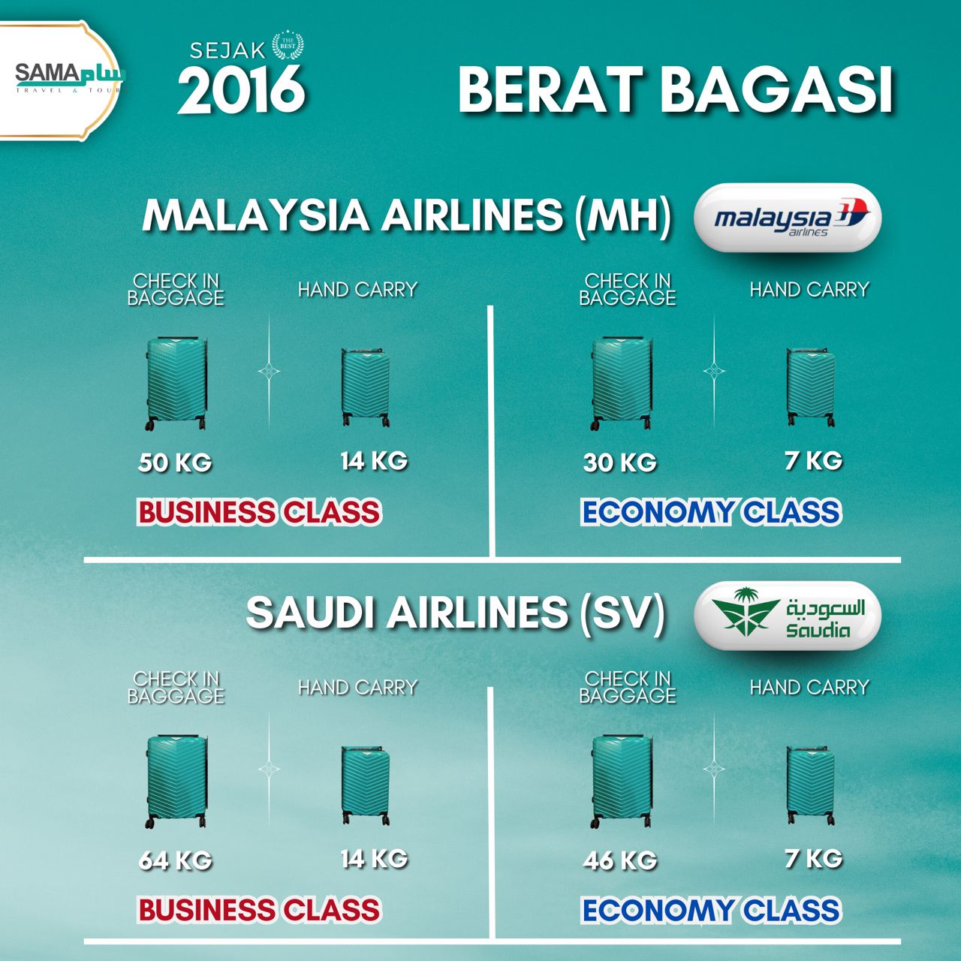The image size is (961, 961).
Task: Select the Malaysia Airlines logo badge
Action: point(788,218)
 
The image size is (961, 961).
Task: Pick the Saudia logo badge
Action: point(788,616)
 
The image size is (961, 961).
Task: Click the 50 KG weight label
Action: point(174,462)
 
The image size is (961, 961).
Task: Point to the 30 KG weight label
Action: point(620,462)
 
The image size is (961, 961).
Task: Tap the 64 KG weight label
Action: point(175,860)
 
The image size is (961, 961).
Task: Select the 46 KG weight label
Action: point(620,860)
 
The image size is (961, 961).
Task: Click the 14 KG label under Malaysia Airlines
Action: point(374,460)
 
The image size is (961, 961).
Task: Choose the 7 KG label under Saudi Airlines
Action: point(813,858)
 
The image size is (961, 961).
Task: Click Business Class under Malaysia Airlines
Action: point(259,512)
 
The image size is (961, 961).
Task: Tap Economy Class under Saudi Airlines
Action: point(711,910)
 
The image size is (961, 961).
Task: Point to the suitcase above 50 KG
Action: point(176,383)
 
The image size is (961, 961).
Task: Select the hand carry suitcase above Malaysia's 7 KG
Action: point(810,387)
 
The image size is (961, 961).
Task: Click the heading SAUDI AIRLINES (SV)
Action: point(455,613)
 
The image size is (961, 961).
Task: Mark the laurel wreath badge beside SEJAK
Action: point(288,46)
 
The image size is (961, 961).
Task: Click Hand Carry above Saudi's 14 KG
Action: point(357,687)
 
